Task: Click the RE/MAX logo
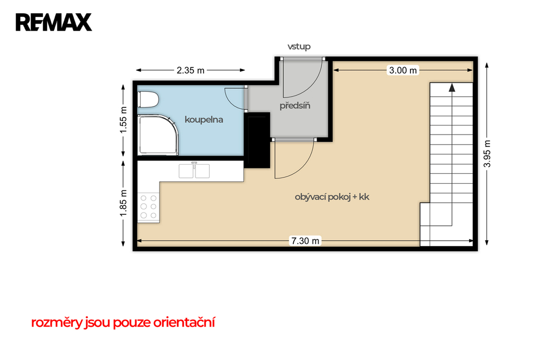pyautogui.click(x=53, y=22)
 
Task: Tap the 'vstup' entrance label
pyautogui.click(x=299, y=46)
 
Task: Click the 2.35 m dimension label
pyautogui.click(x=190, y=70)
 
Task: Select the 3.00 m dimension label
pyautogui.click(x=403, y=70)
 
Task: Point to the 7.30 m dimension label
pyautogui.click(x=305, y=241)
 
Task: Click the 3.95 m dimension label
pyautogui.click(x=487, y=154)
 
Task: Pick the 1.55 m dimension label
pyautogui.click(x=123, y=120)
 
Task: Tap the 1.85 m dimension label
pyautogui.click(x=123, y=203)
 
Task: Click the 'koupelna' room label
pyautogui.click(x=204, y=120)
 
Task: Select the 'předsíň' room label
pyautogui.click(x=295, y=105)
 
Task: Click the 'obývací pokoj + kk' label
pyautogui.click(x=332, y=197)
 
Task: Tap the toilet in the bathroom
pyautogui.click(x=148, y=100)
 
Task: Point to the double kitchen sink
pyautogui.click(x=194, y=171)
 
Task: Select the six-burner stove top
pyautogui.click(x=148, y=206)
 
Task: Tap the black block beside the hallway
pyautogui.click(x=257, y=140)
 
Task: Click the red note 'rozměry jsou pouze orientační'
pyautogui.click(x=123, y=323)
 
